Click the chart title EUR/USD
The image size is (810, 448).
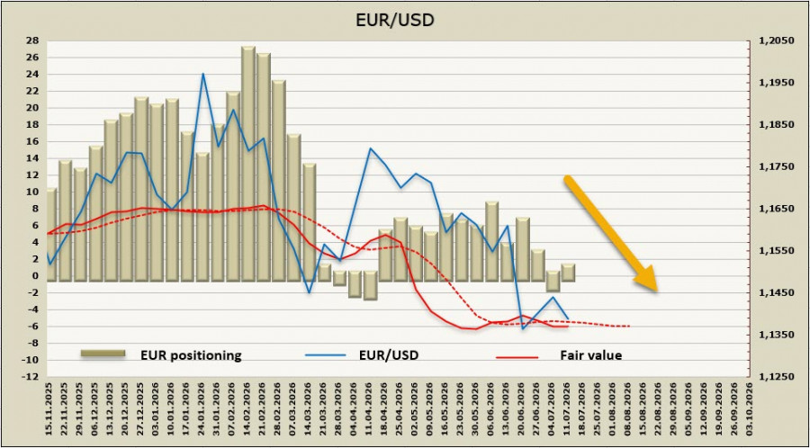pos(395,20)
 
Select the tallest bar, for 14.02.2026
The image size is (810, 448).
pos(248,164)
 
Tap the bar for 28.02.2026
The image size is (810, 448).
pos(279,181)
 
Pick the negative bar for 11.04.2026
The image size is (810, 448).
pos(371,285)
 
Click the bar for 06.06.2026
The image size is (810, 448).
pos(492,241)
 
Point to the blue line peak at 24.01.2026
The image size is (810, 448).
pos(203,73)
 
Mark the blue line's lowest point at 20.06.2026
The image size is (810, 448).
pos(523,328)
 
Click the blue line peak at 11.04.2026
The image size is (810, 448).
pos(371,148)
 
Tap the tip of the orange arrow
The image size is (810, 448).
pos(657,292)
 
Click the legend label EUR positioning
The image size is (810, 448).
pos(191,355)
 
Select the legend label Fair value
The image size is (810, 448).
pos(591,355)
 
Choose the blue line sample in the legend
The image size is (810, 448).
pos(324,355)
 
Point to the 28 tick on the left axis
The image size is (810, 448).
pos(31,40)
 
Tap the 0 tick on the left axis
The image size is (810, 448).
pos(34,275)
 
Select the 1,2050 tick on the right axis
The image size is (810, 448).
pos(773,40)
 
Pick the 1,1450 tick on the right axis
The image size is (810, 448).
pos(773,292)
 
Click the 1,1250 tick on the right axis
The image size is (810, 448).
pos(773,377)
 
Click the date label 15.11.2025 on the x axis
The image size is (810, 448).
pos(49,410)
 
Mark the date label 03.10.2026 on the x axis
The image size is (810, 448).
pos(750,410)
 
